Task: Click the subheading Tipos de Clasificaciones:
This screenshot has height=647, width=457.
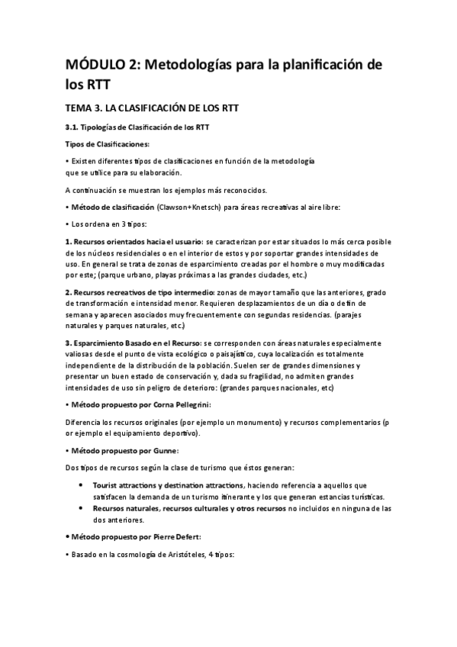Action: pos(108,143)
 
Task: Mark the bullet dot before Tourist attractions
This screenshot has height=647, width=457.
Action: pos(81,485)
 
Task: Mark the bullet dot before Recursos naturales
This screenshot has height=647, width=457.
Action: pos(81,508)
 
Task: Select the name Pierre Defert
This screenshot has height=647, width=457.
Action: pos(180,536)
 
